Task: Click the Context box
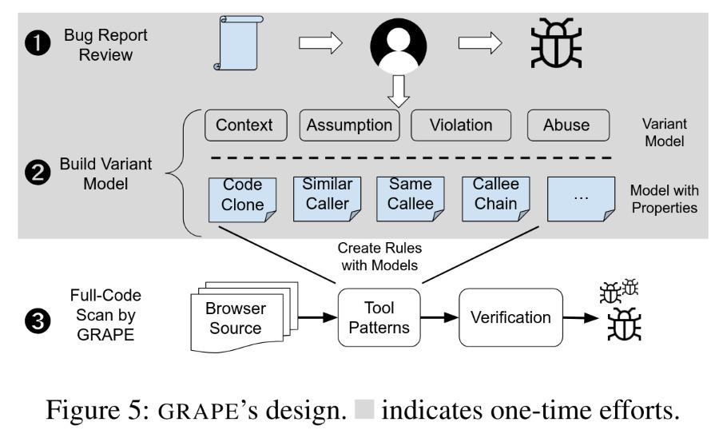[x=246, y=125]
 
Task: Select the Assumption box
[x=349, y=125]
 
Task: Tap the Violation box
[x=460, y=125]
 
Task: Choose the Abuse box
[x=568, y=125]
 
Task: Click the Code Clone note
[x=242, y=200]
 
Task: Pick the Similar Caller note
[x=327, y=199]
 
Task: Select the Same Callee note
[x=411, y=199]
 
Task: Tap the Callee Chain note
[x=495, y=199]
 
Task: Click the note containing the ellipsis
[x=581, y=199]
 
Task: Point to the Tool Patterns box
[x=379, y=317]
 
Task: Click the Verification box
[x=510, y=317]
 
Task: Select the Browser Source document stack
[x=244, y=317]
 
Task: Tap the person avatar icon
[x=399, y=46]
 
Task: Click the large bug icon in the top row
[x=556, y=43]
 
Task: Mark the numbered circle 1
[x=38, y=43]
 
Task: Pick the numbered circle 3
[x=38, y=321]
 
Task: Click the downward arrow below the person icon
[x=399, y=91]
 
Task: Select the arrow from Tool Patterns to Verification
[x=439, y=317]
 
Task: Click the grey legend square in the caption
[x=364, y=409]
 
